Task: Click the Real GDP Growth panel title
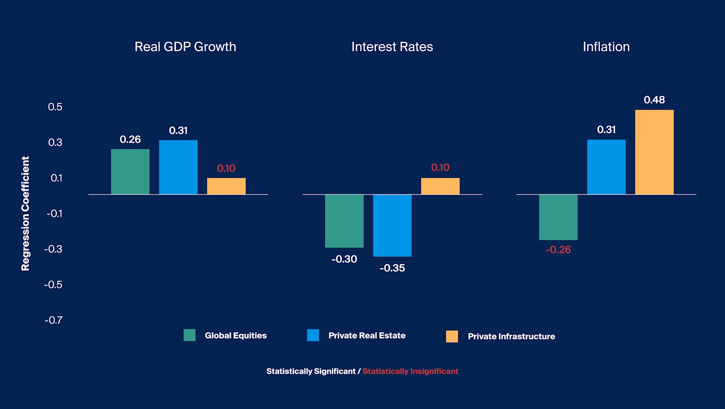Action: click(x=185, y=47)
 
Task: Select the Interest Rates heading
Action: click(x=392, y=47)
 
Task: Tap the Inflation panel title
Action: click(x=606, y=47)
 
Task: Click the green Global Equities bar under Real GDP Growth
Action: click(x=130, y=172)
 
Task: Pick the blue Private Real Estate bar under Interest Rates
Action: click(x=392, y=225)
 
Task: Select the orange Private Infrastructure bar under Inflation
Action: click(x=654, y=152)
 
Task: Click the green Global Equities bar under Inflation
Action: click(x=558, y=217)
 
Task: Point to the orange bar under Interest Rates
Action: click(x=440, y=186)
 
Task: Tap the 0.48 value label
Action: click(x=654, y=100)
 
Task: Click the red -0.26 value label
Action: click(x=558, y=249)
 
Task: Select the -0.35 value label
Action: click(x=392, y=268)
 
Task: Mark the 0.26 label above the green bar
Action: click(x=130, y=139)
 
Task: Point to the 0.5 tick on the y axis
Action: click(x=55, y=107)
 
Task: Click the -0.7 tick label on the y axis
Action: click(x=53, y=320)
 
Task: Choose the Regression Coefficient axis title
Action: click(x=25, y=213)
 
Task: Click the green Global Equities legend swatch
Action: click(x=189, y=335)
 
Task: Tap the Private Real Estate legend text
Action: click(x=366, y=336)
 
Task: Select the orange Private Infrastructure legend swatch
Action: click(x=451, y=336)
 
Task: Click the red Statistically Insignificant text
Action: click(x=410, y=371)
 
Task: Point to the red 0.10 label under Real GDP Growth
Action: click(x=226, y=168)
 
